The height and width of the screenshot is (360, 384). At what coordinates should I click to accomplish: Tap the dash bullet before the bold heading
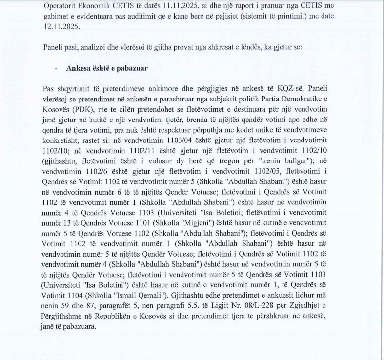[57, 69]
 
